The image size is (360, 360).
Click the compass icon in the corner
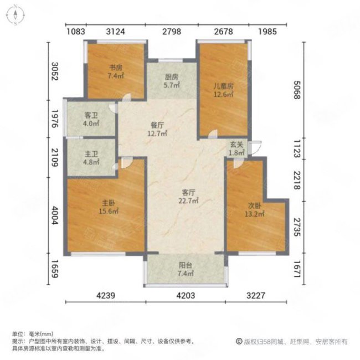coord(15,15)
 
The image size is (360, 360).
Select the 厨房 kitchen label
coord(171,78)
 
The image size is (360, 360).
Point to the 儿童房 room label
coord(223,86)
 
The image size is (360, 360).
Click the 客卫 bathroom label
coord(91,115)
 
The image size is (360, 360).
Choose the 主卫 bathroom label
coord(91,155)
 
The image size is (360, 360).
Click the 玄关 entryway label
coord(236,145)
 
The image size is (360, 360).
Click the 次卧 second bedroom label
coord(254,205)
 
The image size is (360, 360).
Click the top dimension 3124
coord(115,31)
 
